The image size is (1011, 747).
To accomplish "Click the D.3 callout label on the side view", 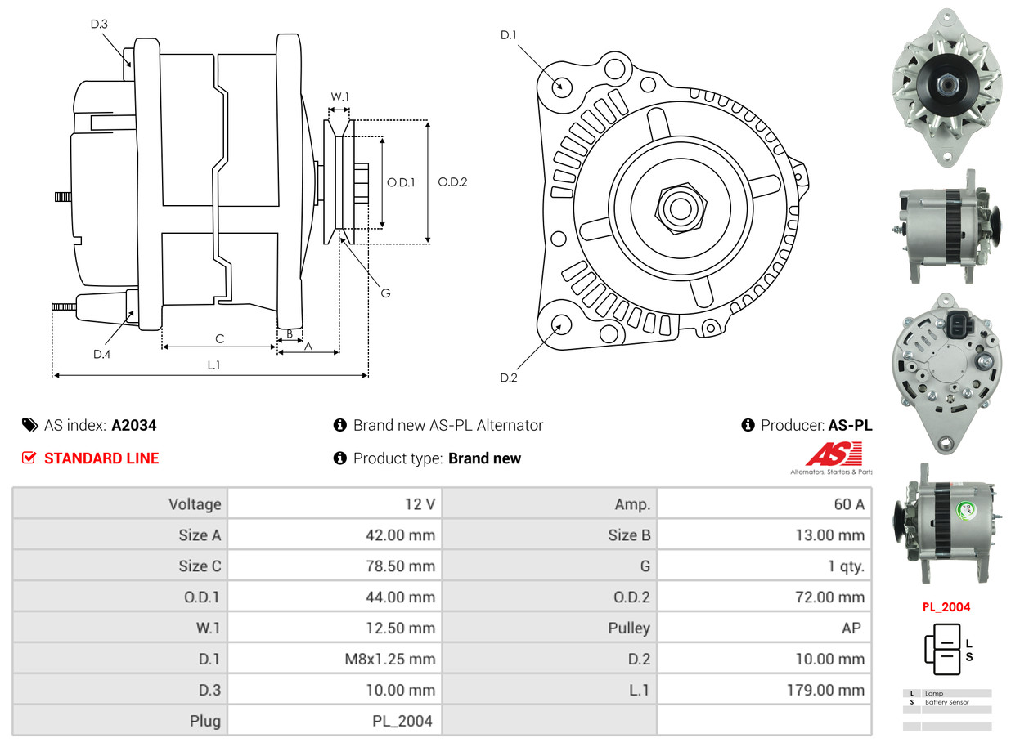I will [99, 25].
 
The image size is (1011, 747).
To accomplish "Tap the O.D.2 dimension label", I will [452, 182].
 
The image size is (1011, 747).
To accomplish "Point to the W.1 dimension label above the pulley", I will [339, 97].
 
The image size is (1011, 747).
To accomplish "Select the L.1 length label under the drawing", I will [213, 365].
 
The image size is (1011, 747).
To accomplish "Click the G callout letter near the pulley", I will [385, 292].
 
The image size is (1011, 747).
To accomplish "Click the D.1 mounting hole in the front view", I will [561, 86].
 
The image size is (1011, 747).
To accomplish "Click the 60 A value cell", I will [848, 504].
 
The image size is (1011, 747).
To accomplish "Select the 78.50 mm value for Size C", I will [400, 566].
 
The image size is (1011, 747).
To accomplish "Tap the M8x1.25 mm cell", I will [389, 659].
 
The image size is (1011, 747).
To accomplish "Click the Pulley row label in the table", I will [629, 628].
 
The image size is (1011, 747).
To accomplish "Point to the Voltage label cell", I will [195, 504].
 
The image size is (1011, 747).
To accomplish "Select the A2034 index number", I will [134, 425].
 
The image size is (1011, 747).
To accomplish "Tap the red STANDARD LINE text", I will [101, 458].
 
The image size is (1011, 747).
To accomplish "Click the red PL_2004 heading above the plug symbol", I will [946, 607].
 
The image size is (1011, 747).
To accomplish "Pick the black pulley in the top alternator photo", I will [946, 85].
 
